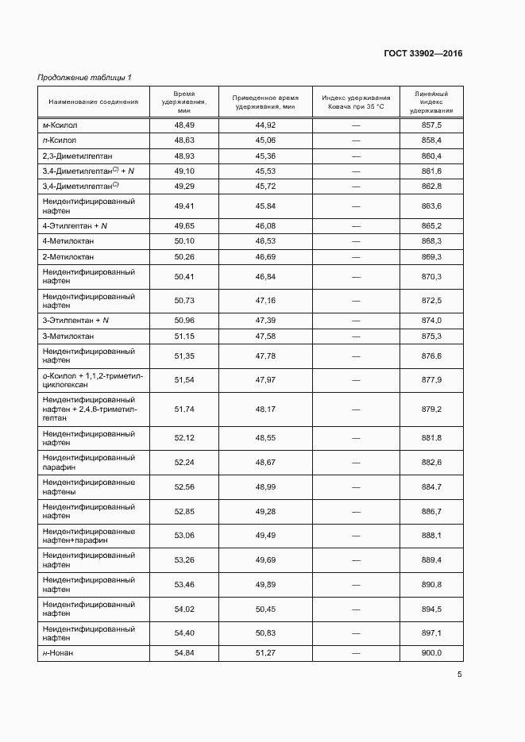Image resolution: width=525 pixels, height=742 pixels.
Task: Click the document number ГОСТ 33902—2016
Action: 423,53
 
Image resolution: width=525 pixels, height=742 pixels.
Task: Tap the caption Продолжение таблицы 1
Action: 84,77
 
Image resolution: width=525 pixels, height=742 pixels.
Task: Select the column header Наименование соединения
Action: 94,102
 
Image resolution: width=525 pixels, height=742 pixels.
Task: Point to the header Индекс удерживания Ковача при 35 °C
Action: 356,102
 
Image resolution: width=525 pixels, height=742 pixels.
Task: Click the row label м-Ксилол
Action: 60,125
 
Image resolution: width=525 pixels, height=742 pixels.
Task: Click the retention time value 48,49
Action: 184,125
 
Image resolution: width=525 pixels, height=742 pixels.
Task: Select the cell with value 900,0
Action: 431,652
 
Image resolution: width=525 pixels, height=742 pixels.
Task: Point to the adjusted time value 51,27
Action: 265,652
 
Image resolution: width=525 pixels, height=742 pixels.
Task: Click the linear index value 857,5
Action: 431,125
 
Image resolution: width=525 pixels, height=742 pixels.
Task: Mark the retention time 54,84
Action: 184,652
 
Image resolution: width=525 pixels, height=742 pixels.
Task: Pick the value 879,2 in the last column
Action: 431,409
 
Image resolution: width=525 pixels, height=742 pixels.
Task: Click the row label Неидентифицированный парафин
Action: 88,463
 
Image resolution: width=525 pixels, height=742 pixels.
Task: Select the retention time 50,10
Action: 184,240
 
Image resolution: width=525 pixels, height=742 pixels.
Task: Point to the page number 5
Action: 459,675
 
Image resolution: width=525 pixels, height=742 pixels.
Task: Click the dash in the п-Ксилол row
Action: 356,140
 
